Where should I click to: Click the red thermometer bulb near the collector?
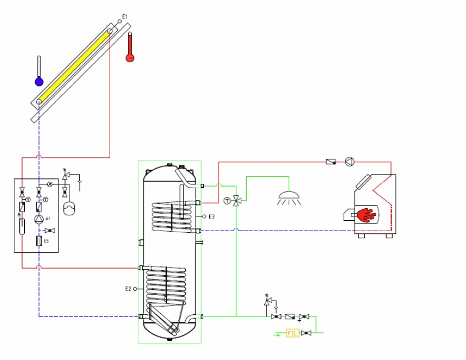click(x=130, y=57)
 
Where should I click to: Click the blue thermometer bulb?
click(x=39, y=81)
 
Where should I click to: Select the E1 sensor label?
click(x=125, y=17)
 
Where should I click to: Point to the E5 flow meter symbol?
click(x=39, y=241)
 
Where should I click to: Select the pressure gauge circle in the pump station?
click(x=50, y=184)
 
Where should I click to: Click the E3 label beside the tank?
click(x=212, y=216)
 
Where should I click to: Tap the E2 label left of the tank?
click(x=128, y=288)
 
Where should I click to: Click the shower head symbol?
click(x=289, y=196)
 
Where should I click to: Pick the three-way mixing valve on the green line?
click(x=236, y=200)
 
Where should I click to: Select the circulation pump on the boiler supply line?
click(x=349, y=162)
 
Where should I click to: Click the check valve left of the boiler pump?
click(x=330, y=162)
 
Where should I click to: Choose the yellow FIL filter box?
click(x=292, y=333)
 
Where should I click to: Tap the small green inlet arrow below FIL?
click(x=277, y=334)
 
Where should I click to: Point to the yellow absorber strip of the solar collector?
click(x=74, y=65)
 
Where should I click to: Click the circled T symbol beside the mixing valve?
click(x=227, y=200)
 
